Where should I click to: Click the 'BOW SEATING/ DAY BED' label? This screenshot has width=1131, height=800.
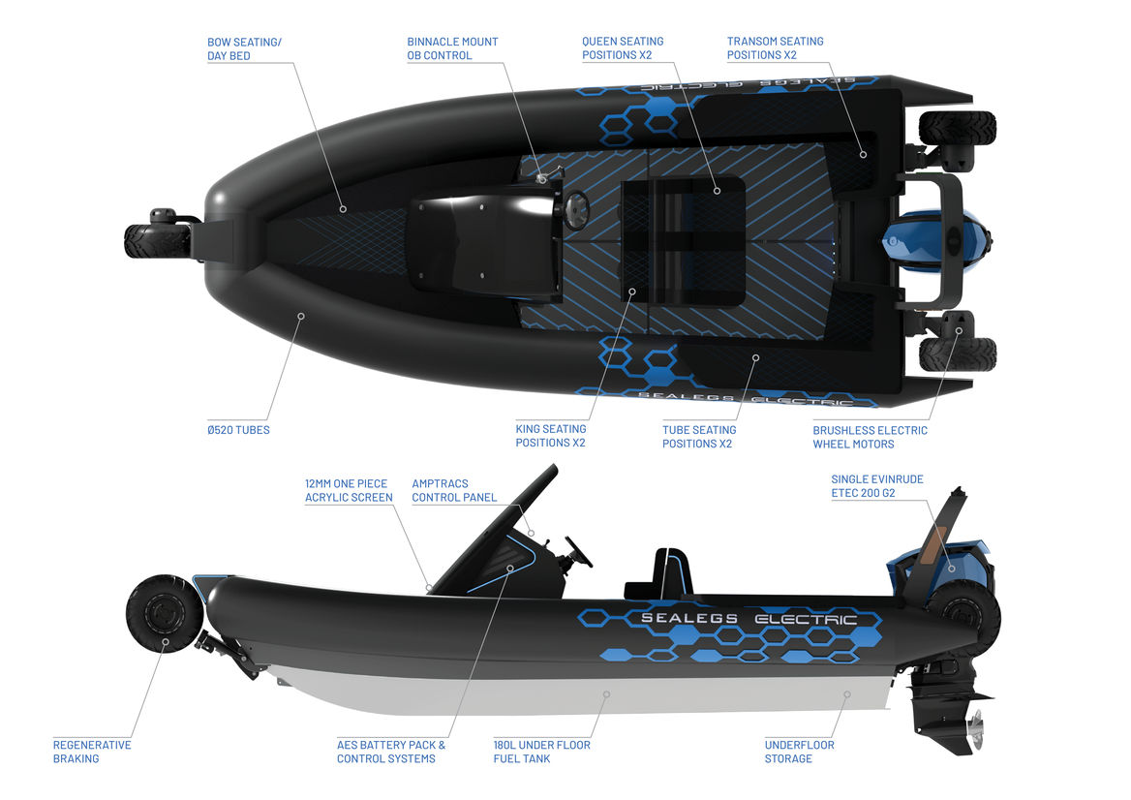point(244,48)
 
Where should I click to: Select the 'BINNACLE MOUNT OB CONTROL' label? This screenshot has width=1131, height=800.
point(452,48)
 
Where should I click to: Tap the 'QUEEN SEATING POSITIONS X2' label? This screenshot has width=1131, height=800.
point(622,48)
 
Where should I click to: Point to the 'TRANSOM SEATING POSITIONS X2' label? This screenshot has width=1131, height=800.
point(775,48)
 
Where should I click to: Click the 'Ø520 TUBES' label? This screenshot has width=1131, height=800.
point(238,430)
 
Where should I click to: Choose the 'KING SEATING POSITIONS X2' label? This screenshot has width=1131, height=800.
point(550,436)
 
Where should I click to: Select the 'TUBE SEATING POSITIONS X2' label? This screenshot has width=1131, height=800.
point(699,437)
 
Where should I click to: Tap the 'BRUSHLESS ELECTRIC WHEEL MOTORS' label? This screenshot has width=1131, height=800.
point(870,437)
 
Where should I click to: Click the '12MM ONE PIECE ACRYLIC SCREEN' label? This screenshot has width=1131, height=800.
point(349,490)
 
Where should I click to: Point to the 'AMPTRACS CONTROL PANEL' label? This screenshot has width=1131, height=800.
point(454,490)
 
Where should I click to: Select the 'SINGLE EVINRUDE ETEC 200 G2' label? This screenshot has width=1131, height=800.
point(875,485)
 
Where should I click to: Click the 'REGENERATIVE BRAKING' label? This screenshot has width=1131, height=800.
point(92,752)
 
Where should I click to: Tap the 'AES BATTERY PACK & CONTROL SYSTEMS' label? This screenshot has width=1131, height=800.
point(391,752)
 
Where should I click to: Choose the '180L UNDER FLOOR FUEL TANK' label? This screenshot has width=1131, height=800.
point(541,752)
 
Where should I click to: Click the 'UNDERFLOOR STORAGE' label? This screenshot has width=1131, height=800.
point(799,752)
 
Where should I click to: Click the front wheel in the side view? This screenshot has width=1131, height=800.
point(164,613)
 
